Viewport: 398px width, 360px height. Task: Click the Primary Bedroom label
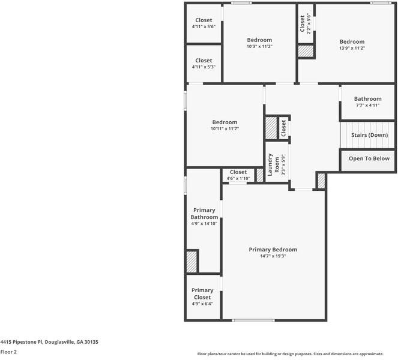[x=273, y=250]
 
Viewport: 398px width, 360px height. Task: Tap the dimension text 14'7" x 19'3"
[x=273, y=256]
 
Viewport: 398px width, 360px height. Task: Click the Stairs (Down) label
[x=369, y=135]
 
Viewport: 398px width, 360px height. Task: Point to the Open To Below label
[x=369, y=159]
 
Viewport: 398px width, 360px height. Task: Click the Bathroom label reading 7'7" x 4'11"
[x=367, y=106]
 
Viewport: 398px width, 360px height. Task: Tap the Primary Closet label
[x=202, y=294]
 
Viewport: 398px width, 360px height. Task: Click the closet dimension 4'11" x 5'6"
[x=204, y=27]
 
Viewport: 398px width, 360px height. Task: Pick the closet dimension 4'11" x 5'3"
[x=204, y=67]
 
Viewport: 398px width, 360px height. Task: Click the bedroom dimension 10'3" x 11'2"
[x=259, y=47]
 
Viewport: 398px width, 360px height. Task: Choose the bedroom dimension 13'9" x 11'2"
[x=352, y=48]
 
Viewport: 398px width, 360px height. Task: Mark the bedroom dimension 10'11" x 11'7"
[x=225, y=128]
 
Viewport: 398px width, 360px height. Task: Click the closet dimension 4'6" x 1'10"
[x=238, y=178]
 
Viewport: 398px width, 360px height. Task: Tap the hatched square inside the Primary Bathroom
[x=191, y=262]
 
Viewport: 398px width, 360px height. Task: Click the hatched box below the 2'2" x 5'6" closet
[x=306, y=51]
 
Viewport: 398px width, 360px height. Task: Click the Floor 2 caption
[x=8, y=352]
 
